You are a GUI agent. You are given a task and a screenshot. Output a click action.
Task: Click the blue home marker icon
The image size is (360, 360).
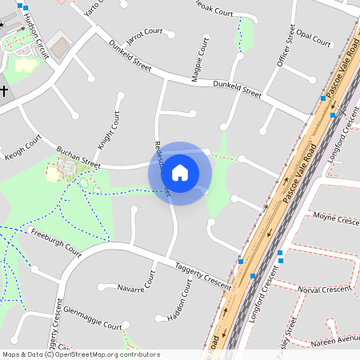pos(180,172)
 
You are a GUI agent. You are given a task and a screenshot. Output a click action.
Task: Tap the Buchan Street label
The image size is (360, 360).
pos(78,158)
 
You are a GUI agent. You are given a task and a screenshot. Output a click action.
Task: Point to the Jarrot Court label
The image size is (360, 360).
pos(144,33)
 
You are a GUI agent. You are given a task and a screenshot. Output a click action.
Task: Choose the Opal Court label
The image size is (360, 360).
pos(314,38)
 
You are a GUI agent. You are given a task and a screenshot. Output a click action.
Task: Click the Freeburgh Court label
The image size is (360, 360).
pos(55,242)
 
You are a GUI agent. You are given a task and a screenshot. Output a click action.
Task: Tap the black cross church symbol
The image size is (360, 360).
pos(4,91)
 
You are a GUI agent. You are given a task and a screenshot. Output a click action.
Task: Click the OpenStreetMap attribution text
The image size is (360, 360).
pos(81,354)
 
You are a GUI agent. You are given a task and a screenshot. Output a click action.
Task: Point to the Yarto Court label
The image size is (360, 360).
pos(95,7)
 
